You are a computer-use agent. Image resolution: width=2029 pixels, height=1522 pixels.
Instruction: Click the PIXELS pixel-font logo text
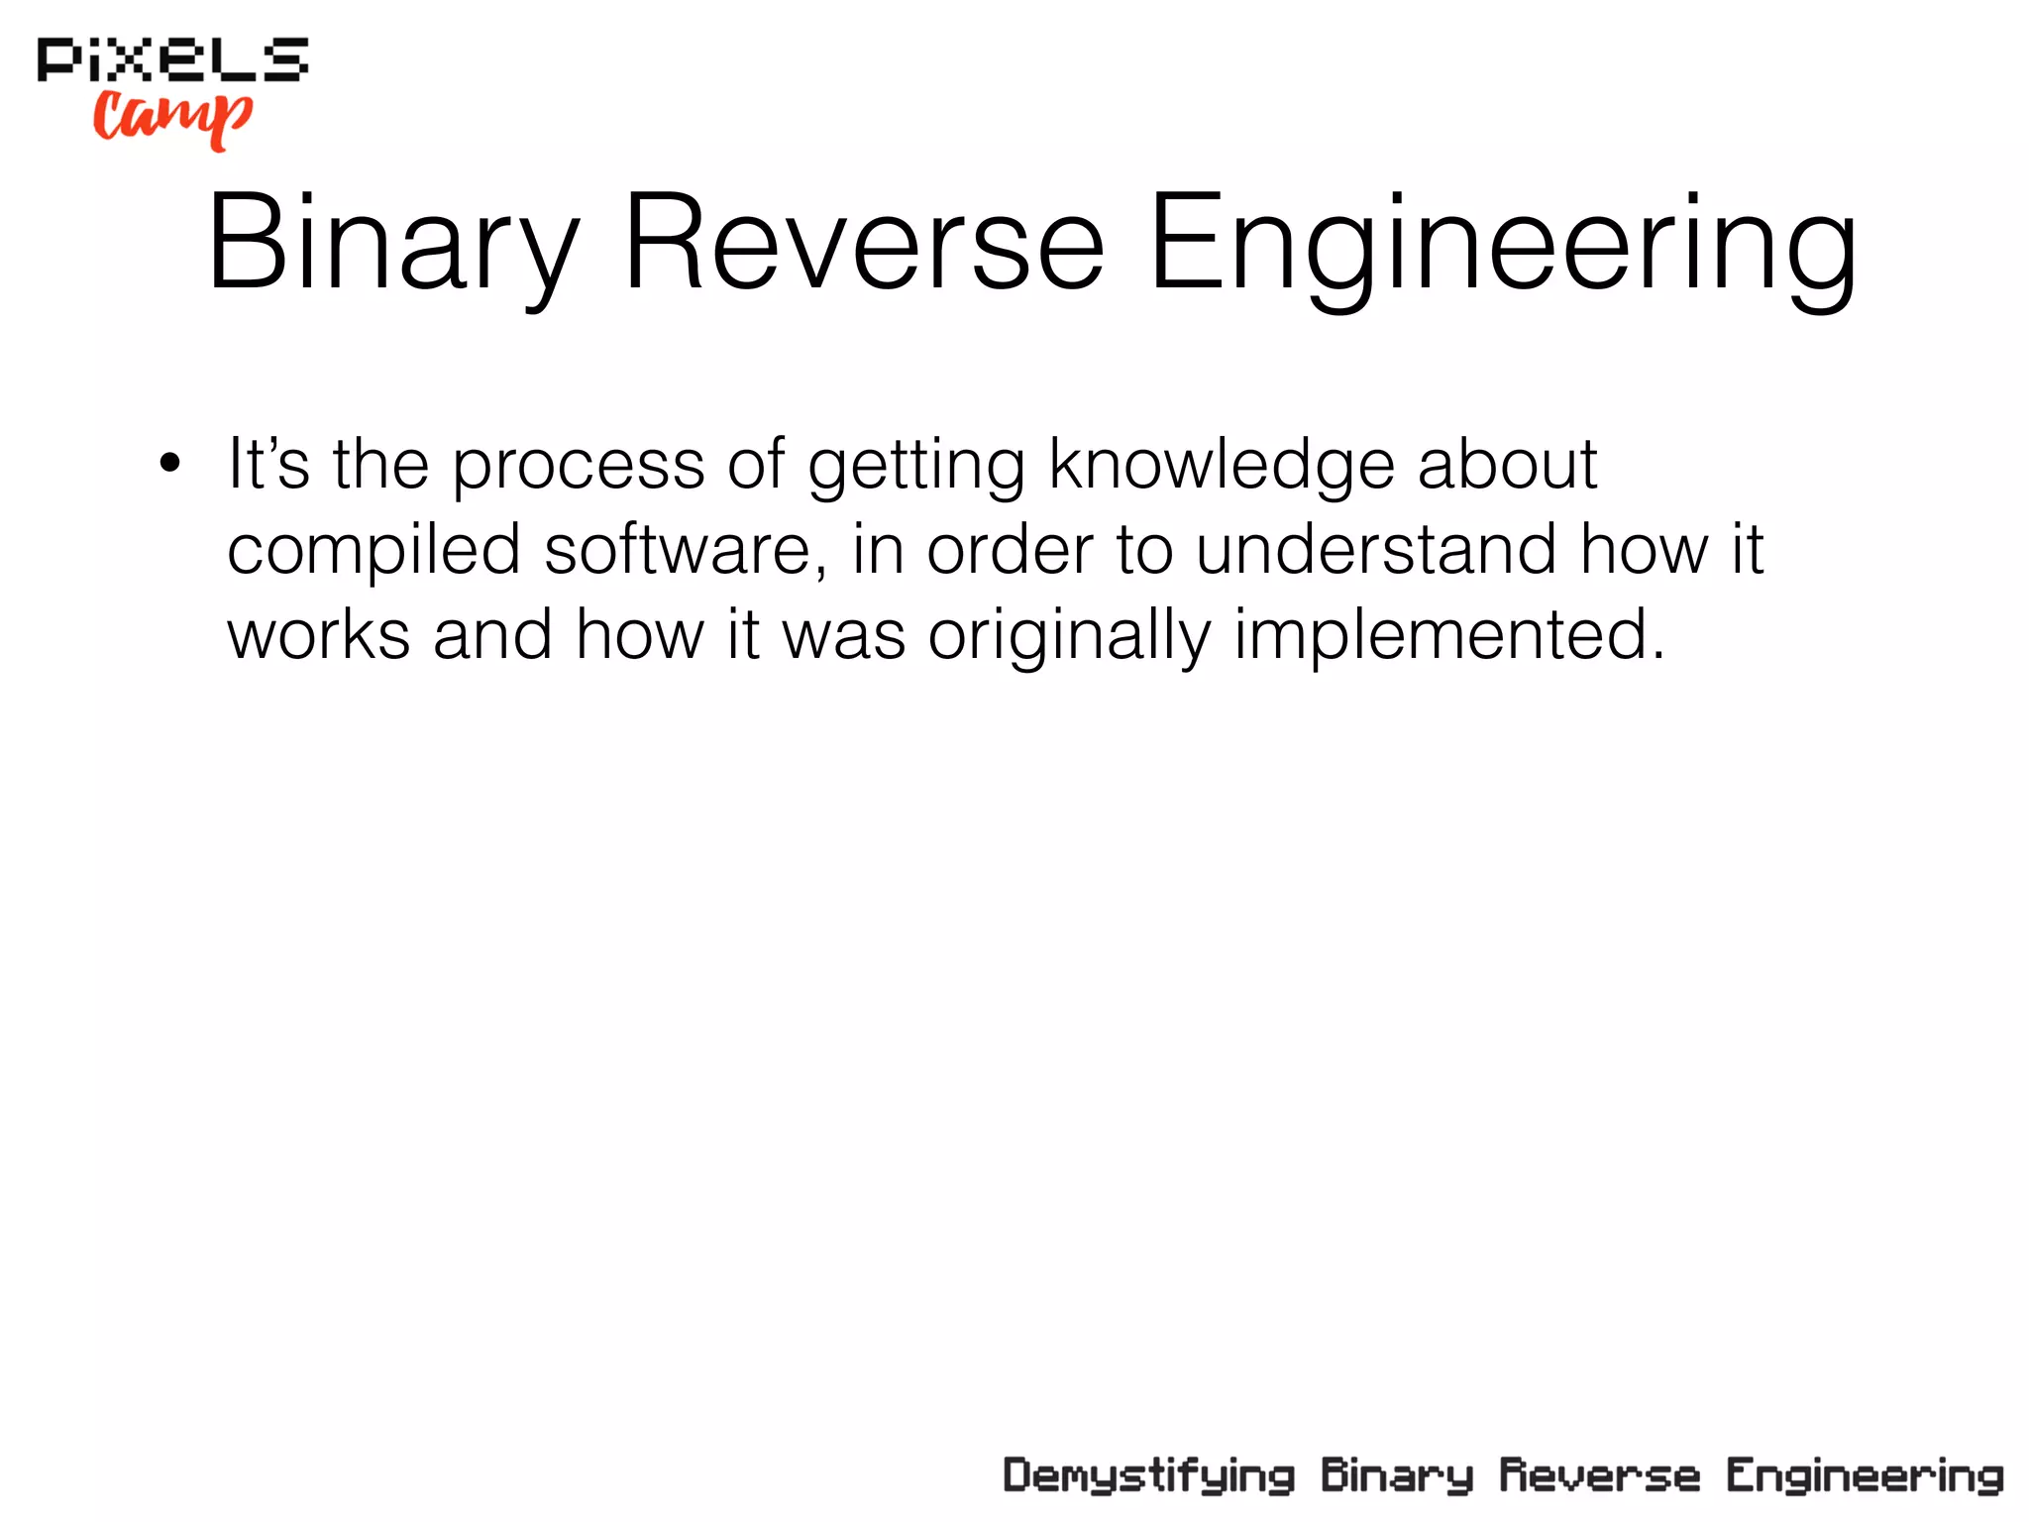click(x=172, y=60)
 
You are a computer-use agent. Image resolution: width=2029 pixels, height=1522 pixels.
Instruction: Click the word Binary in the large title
click(x=392, y=245)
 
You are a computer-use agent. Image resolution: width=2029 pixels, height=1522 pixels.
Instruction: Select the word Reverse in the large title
click(x=863, y=245)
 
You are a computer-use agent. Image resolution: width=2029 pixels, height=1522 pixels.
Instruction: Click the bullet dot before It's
click(x=170, y=463)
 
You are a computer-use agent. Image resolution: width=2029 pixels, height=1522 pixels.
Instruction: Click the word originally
click(x=1070, y=635)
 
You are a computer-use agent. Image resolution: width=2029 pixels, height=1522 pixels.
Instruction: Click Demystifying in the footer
click(x=1149, y=1476)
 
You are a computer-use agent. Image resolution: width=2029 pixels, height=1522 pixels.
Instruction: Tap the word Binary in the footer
click(x=1397, y=1476)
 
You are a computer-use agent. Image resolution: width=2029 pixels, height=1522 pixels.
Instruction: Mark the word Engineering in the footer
click(x=1865, y=1476)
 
